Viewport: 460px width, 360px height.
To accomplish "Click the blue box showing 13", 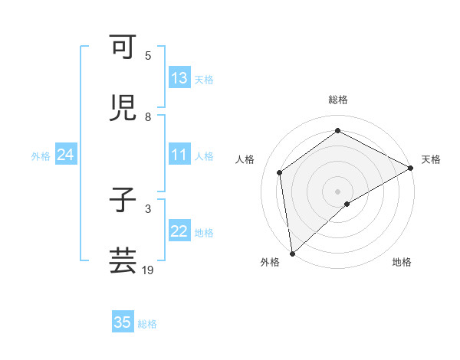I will [179, 78].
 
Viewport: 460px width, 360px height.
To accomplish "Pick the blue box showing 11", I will [179, 155].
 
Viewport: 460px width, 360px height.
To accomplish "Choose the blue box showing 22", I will [179, 231].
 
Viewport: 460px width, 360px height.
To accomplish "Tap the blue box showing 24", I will [65, 155].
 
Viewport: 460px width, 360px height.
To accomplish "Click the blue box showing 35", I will [123, 322].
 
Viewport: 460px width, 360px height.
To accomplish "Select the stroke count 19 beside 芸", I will [148, 270].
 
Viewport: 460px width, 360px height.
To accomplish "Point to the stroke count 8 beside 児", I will [148, 117].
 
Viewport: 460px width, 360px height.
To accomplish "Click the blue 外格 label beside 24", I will [41, 155].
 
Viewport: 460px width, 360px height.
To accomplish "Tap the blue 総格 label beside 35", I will [147, 323].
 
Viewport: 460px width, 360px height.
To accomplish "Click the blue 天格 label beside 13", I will [203, 79].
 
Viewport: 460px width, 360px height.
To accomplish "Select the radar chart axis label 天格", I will [431, 159].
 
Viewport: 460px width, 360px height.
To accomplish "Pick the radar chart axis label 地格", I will [402, 262].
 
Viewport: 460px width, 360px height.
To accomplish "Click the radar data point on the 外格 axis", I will [292, 253].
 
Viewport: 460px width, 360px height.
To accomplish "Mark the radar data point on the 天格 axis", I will [411, 168].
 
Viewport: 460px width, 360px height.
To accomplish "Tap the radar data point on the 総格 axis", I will [337, 131].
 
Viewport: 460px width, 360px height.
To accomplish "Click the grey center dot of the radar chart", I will [337, 191].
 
